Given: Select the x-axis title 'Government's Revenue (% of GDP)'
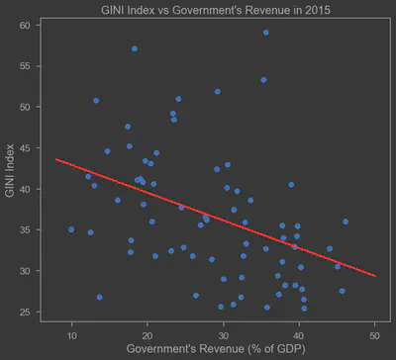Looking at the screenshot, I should coord(209,349).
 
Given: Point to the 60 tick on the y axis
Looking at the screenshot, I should coord(27,25).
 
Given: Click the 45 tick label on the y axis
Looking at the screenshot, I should coord(27,147).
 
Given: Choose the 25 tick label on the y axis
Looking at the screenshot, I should coord(27,312).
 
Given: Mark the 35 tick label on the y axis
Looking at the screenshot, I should coord(27,229).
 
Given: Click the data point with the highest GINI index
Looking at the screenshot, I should coord(265,33).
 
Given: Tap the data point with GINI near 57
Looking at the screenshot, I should coord(135,48).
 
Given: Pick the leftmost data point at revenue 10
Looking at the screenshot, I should coord(71,229).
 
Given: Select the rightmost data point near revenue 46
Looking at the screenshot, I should coord(346,222).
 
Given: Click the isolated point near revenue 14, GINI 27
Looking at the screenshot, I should coord(99,297).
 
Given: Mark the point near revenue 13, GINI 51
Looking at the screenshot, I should coord(96,100).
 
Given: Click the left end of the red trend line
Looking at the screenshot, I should coord(56,158).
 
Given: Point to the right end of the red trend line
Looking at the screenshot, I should coord(375,276).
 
